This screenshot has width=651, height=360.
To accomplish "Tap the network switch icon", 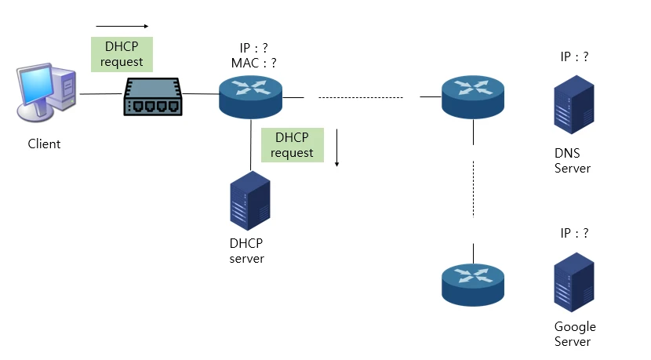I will pos(153,96).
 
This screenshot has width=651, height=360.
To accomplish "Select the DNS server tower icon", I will pos(572,104).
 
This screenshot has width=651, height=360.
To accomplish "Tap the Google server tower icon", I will pos(572,282).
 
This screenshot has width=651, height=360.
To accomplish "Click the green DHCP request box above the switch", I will pos(122,54).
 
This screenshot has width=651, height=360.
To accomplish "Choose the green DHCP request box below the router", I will pos(292,144).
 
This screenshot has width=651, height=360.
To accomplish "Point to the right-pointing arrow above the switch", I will pos(122,25).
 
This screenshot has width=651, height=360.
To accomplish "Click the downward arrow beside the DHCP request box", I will pos(336,149).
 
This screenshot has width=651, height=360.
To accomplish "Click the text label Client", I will pos(44,144).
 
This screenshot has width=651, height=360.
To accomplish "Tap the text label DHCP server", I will pos(247,251).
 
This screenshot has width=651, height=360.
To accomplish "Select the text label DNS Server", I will pos(572,161).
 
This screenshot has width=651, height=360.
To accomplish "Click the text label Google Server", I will pos(575,333).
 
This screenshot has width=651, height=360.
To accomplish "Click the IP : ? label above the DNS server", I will pos(574,56).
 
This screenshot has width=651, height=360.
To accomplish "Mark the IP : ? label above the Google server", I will pos(574,233).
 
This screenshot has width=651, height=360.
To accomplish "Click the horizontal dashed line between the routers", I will pos(361,98).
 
